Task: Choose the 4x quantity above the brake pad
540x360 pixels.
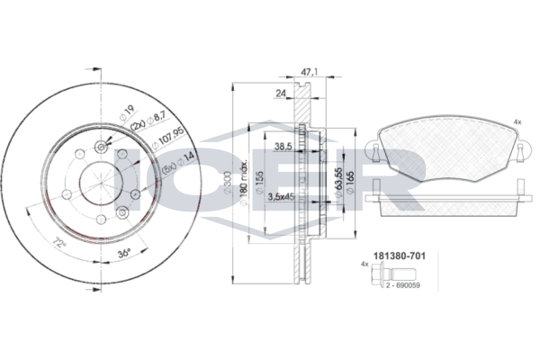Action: tap(516, 121)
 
